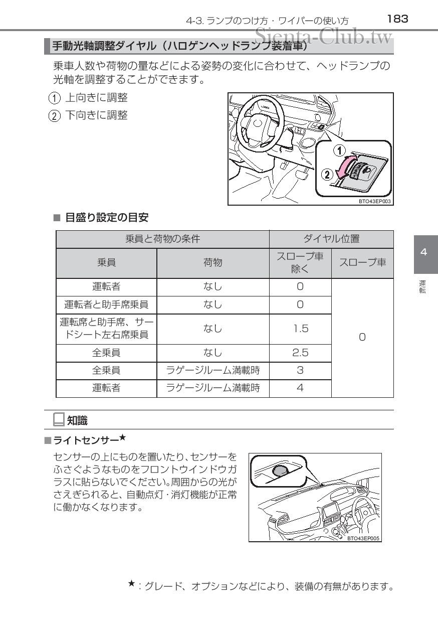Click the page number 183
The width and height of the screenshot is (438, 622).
398,19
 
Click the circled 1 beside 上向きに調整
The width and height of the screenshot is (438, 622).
54,98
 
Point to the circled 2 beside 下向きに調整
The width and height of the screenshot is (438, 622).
54,116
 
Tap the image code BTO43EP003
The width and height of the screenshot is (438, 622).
374,201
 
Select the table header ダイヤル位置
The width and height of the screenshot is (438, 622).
331,239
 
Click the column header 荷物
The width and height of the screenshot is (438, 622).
212,262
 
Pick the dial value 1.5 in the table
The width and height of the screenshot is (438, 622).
300,329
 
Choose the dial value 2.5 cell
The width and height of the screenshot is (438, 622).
300,353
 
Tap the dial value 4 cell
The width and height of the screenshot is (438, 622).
300,388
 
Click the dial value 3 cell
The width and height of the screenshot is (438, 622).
300,371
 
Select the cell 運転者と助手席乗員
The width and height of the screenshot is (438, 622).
106,304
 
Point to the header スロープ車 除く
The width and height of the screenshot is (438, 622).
300,262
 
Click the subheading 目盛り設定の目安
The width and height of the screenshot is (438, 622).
107,218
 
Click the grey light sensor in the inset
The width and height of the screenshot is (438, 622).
280,471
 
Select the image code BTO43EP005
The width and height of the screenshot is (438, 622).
363,538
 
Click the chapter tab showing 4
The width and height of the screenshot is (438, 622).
424,252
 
